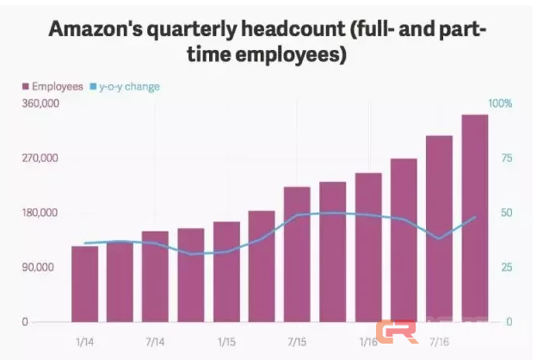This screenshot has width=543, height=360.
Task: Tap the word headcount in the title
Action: point(290,29)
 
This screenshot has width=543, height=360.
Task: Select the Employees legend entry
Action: point(52,86)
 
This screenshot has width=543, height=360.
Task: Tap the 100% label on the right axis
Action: point(500,103)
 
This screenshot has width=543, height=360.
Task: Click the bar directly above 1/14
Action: point(84,284)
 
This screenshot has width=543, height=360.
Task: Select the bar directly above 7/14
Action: point(156,276)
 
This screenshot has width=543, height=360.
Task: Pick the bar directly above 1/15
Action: point(226,271)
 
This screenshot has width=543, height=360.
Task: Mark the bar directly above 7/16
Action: point(439,228)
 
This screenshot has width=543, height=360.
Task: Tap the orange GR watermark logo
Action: point(397,332)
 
